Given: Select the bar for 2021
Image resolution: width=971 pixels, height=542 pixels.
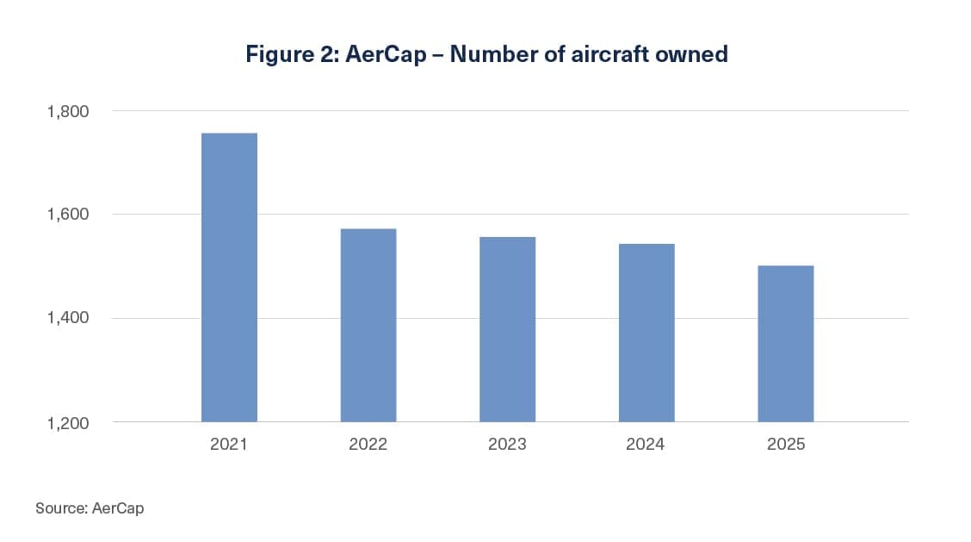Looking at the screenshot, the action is [x=229, y=277].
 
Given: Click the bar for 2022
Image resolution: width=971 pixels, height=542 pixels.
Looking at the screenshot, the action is [x=368, y=326].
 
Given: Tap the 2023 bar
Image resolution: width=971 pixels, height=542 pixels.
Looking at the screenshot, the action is [x=508, y=329].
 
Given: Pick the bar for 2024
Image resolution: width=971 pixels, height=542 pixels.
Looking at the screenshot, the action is [x=646, y=333].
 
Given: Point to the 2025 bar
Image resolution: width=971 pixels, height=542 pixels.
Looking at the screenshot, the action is [x=786, y=344].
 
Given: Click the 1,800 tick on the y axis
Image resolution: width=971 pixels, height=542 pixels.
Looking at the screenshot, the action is [x=68, y=112].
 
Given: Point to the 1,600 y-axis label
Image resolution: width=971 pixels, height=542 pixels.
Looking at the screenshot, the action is [x=68, y=215].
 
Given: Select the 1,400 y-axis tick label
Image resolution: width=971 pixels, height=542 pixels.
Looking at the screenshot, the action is [x=68, y=318].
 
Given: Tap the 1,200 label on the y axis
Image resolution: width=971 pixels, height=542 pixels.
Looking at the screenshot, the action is [x=68, y=423].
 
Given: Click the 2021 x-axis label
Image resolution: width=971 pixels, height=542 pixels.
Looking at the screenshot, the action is [x=228, y=444].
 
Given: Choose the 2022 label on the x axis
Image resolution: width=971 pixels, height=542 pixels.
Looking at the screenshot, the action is [x=368, y=444].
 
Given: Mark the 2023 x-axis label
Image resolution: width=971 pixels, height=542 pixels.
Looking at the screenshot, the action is [x=507, y=444].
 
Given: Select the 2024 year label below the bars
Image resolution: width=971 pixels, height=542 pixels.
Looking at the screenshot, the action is [x=646, y=444].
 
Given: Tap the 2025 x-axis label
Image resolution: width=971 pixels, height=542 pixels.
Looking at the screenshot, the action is [x=786, y=444].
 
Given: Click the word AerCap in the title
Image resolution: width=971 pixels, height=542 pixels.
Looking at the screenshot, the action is [x=386, y=54].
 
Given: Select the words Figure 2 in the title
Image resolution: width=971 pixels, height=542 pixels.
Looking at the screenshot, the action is [x=291, y=54].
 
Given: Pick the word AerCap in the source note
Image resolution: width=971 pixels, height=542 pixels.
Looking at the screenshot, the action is [x=118, y=508].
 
